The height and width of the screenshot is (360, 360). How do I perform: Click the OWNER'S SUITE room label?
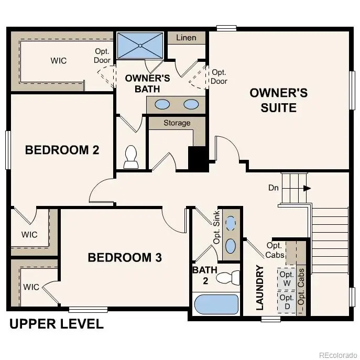coord(278,101)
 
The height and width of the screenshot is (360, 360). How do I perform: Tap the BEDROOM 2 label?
coord(62,150)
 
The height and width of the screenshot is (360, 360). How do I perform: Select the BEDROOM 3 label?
coord(124,258)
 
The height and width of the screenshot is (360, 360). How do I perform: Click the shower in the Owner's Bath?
coord(140,45)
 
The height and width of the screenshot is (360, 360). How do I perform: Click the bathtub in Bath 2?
coord(216,304)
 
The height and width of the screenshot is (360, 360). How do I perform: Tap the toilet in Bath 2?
coord(228,277)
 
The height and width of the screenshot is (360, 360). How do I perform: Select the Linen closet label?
coord(186,38)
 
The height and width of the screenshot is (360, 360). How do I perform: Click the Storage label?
coord(177,123)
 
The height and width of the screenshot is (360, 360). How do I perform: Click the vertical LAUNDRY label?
coord(259,288)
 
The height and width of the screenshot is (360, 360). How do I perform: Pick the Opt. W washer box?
coord(286,279)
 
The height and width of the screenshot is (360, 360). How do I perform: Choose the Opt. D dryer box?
coord(286,302)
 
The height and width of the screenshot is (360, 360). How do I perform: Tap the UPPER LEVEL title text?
coord(57,324)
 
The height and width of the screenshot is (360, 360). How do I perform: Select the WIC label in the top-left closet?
coord(59,61)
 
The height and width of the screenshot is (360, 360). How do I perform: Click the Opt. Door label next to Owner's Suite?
coord(219,77)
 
